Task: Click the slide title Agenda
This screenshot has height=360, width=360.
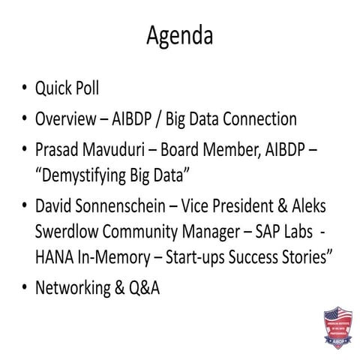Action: [179, 35]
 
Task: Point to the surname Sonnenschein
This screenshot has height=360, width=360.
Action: [129, 205]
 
